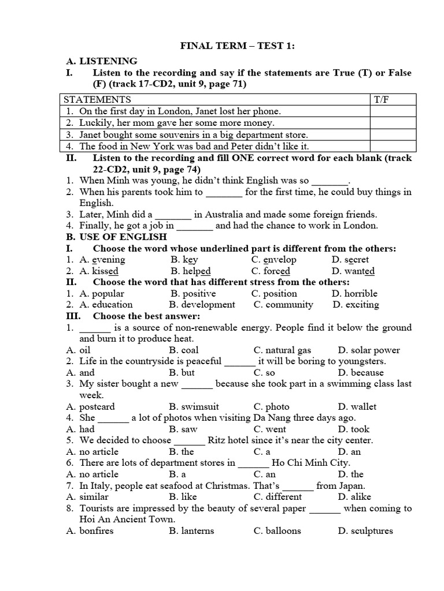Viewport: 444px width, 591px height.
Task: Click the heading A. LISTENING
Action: point(102,61)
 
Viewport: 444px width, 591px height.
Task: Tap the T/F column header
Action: point(382,99)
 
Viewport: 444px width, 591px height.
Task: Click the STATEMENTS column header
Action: point(97,99)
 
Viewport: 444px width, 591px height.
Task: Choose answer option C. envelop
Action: point(271,260)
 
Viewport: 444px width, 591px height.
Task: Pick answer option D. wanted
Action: point(353,271)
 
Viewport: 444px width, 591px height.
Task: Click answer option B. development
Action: point(202,305)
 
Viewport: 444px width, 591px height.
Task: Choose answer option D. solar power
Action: point(369,350)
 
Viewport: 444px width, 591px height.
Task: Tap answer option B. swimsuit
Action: point(194,406)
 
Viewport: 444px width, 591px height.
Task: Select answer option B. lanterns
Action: point(192,530)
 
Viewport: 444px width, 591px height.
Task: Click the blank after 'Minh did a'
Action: point(173,215)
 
